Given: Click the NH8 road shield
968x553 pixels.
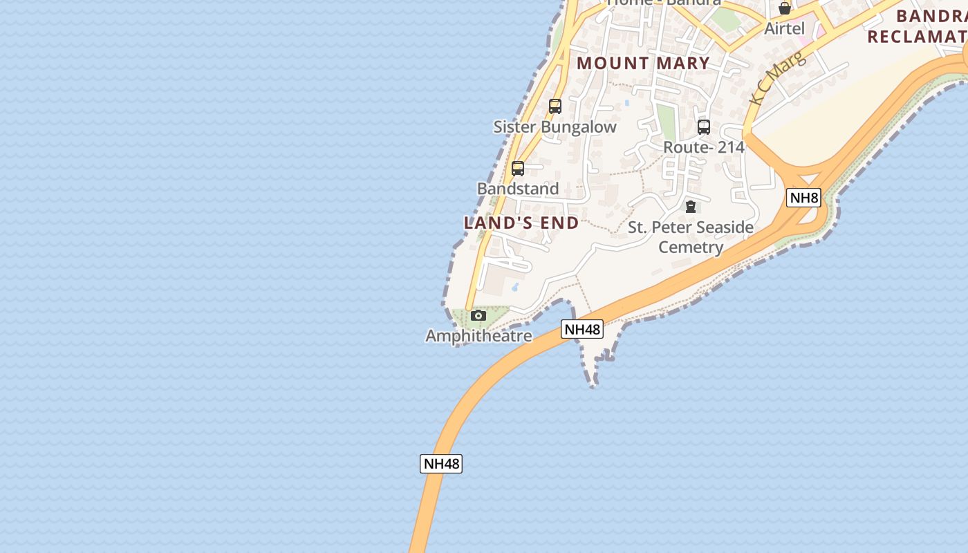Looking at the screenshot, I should pyautogui.click(x=803, y=198).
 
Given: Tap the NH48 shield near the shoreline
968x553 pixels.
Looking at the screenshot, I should pyautogui.click(x=582, y=329).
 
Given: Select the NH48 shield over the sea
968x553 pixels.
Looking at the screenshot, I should pyautogui.click(x=440, y=464).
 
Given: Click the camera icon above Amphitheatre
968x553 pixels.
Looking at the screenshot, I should pyautogui.click(x=478, y=316).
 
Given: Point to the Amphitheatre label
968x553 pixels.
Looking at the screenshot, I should pyautogui.click(x=478, y=336).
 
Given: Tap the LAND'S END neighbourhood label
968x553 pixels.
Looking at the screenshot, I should pyautogui.click(x=521, y=223).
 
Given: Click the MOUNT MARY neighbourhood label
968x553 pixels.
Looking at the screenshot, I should pyautogui.click(x=643, y=63).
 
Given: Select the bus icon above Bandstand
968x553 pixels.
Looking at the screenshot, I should pyautogui.click(x=517, y=169).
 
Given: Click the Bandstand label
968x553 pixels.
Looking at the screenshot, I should pyautogui.click(x=518, y=189).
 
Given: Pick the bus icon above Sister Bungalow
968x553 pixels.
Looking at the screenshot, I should pyautogui.click(x=555, y=106).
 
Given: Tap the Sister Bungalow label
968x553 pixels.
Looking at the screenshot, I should pyautogui.click(x=555, y=126).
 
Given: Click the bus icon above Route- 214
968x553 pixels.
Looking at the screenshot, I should pyautogui.click(x=703, y=127).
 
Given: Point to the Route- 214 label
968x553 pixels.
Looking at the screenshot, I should pyautogui.click(x=703, y=147).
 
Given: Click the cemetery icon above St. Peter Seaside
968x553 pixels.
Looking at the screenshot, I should pyautogui.click(x=690, y=207).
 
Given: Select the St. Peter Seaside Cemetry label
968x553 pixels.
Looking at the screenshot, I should pyautogui.click(x=690, y=236).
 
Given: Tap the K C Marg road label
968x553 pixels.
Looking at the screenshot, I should pyautogui.click(x=779, y=77).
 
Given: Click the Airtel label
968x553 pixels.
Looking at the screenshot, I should pyautogui.click(x=784, y=28).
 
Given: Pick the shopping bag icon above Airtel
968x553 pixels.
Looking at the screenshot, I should pyautogui.click(x=784, y=9).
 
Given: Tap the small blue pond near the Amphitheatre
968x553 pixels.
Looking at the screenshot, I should pyautogui.click(x=515, y=287).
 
